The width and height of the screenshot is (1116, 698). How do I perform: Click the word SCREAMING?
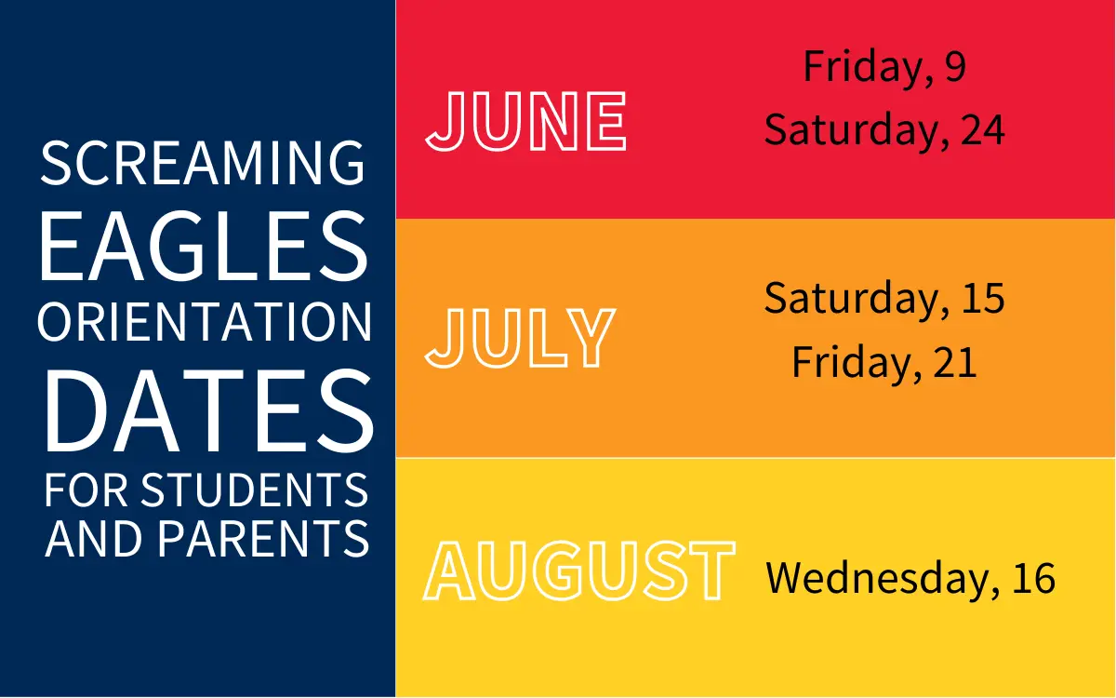203,163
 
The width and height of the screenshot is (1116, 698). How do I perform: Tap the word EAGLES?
204,246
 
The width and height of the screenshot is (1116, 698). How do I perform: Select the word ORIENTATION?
205,322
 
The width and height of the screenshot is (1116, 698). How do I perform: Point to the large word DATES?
208,410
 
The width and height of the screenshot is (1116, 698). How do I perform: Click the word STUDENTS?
255,490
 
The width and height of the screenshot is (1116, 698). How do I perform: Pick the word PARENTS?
263,539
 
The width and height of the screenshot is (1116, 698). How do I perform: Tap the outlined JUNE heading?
525,121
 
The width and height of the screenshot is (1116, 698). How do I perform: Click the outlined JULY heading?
520,338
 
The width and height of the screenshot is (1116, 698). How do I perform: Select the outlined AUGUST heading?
579,570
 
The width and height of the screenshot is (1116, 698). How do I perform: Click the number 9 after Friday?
955,66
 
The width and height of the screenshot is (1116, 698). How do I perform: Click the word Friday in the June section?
869,67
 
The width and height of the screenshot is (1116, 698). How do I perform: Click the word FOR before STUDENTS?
86,490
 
